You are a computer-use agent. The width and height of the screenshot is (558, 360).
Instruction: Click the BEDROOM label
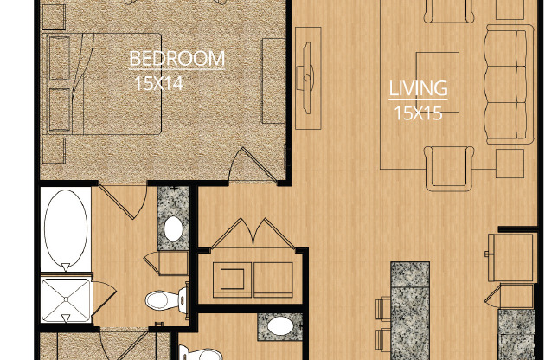tap(176, 59)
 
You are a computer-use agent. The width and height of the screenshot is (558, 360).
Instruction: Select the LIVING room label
tap(418, 88)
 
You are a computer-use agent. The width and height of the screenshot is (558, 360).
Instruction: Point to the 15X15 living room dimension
tap(418, 112)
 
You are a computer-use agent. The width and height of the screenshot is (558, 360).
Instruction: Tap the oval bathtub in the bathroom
tap(64, 228)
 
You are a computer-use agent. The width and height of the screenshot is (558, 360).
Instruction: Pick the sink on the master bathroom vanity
tap(173, 229)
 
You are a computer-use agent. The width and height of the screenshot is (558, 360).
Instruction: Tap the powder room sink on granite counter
tap(279, 327)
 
